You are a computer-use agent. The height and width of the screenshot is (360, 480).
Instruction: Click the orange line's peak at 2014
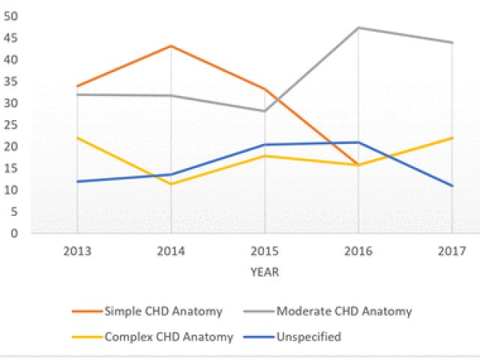pyautogui.click(x=171, y=46)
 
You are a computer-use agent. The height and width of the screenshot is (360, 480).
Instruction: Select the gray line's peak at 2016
pyautogui.click(x=358, y=28)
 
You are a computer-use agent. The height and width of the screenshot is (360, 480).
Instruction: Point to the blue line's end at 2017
pyautogui.click(x=452, y=186)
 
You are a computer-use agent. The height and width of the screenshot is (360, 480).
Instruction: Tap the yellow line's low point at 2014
pyautogui.click(x=171, y=184)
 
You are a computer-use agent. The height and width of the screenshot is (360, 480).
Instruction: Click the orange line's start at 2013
pyautogui.click(x=77, y=86)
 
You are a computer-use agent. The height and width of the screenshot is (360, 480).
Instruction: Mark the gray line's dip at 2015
pyautogui.click(x=265, y=111)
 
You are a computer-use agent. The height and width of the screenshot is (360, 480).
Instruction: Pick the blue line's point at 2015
pyautogui.click(x=265, y=145)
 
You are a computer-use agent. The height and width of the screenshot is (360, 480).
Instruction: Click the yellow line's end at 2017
pyautogui.click(x=452, y=138)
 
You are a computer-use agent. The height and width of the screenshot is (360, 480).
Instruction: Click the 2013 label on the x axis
pyautogui.click(x=77, y=250)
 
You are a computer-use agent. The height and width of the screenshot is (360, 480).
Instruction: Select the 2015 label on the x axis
pyautogui.click(x=265, y=250)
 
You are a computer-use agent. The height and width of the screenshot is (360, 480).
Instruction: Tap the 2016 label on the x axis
pyautogui.click(x=358, y=250)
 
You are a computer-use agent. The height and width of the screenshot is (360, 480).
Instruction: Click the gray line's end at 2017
pyautogui.click(x=452, y=43)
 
